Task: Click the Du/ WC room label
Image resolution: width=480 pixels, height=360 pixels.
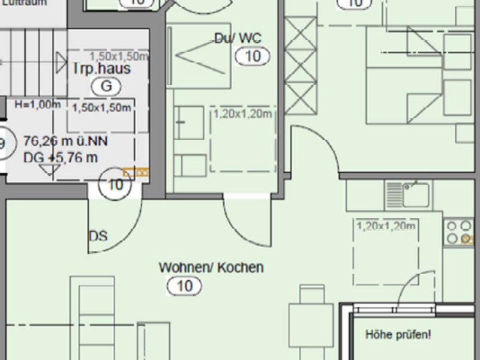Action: click(x=238, y=38)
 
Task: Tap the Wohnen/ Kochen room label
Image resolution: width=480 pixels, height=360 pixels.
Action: click(x=211, y=268)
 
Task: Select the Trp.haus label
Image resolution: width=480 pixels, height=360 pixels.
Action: click(x=101, y=69)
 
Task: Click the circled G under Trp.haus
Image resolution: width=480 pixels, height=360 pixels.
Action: click(x=106, y=86)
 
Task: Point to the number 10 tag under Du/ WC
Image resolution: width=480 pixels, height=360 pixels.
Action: click(x=253, y=57)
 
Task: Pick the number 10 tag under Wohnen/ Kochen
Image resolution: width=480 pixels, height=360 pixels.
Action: click(x=185, y=287)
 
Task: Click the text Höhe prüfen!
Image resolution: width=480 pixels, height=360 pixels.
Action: click(x=398, y=335)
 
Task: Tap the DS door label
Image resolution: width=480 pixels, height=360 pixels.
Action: click(x=98, y=236)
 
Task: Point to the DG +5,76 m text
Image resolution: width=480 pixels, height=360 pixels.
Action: click(x=60, y=158)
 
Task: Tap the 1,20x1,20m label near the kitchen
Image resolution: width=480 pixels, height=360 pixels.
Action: click(x=386, y=226)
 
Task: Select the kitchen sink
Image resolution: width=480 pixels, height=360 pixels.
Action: click(x=416, y=193)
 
